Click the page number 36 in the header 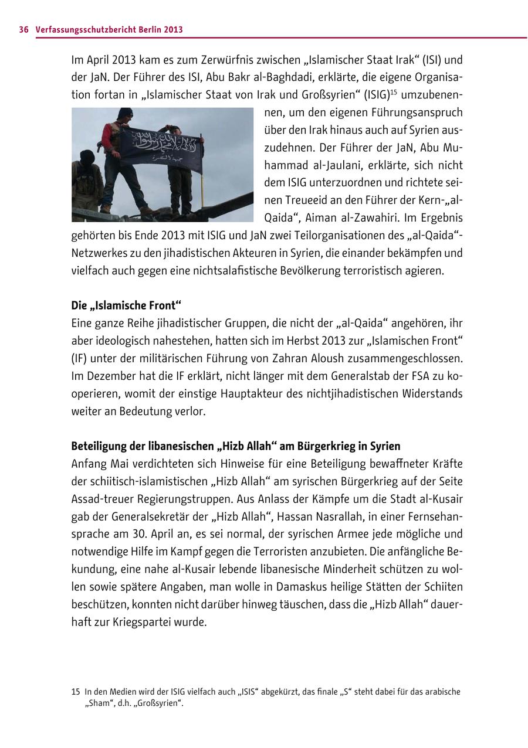coord(23,29)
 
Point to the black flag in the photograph coord(161,148)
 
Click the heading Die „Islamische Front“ coord(127,305)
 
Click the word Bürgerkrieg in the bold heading coord(333,446)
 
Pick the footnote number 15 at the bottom coord(76,692)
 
